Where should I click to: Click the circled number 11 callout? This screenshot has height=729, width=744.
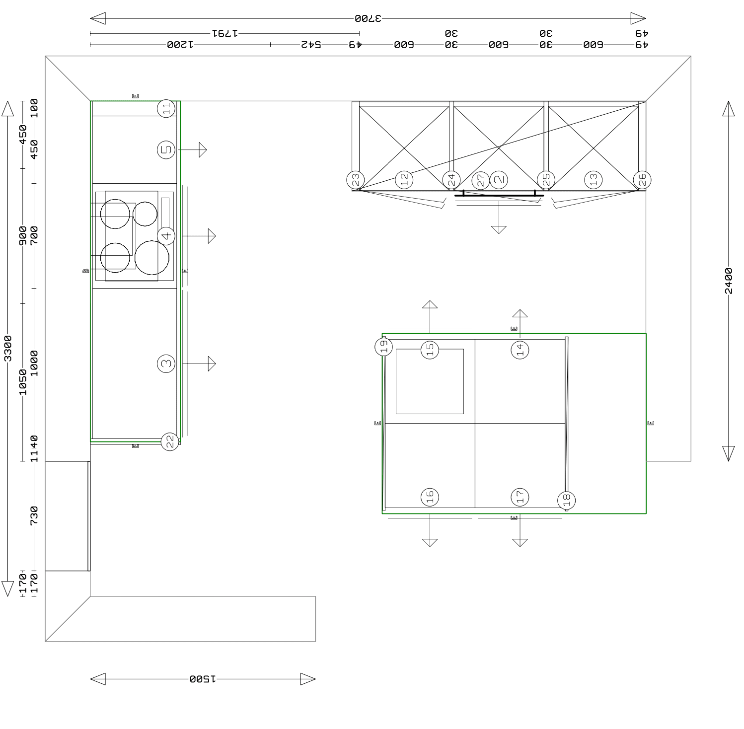pyautogui.click(x=166, y=108)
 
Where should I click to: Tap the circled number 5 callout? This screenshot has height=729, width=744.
pyautogui.click(x=166, y=149)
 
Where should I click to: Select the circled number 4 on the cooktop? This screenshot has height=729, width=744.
pyautogui.click(x=166, y=235)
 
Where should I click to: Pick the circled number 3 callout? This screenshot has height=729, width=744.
pyautogui.click(x=166, y=364)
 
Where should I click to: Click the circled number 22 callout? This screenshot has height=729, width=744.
pyautogui.click(x=170, y=441)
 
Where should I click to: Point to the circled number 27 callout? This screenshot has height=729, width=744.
pyautogui.click(x=481, y=180)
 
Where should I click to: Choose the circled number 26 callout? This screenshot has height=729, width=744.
pyautogui.click(x=642, y=180)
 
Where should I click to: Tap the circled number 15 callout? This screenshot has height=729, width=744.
pyautogui.click(x=430, y=350)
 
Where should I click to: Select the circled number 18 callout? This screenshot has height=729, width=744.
pyautogui.click(x=566, y=500)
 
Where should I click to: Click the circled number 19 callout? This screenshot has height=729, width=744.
pyautogui.click(x=383, y=347)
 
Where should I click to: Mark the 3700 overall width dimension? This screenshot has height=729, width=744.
pyautogui.click(x=368, y=19)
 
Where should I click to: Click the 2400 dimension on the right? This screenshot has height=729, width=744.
pyautogui.click(x=728, y=281)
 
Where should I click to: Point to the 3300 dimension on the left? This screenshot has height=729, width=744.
pyautogui.click(x=7, y=349)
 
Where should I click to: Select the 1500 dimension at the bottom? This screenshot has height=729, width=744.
pyautogui.click(x=203, y=679)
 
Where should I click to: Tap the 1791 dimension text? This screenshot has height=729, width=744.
pyautogui.click(x=225, y=33)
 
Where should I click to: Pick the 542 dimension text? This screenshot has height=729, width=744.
pyautogui.click(x=311, y=45)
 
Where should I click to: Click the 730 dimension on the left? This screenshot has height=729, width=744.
pyautogui.click(x=34, y=516)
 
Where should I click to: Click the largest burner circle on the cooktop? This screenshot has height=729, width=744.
pyautogui.click(x=152, y=257)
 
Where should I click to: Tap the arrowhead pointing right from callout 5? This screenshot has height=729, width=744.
pyautogui.click(x=203, y=149)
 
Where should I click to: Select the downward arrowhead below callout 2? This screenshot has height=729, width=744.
pyautogui.click(x=499, y=229)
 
